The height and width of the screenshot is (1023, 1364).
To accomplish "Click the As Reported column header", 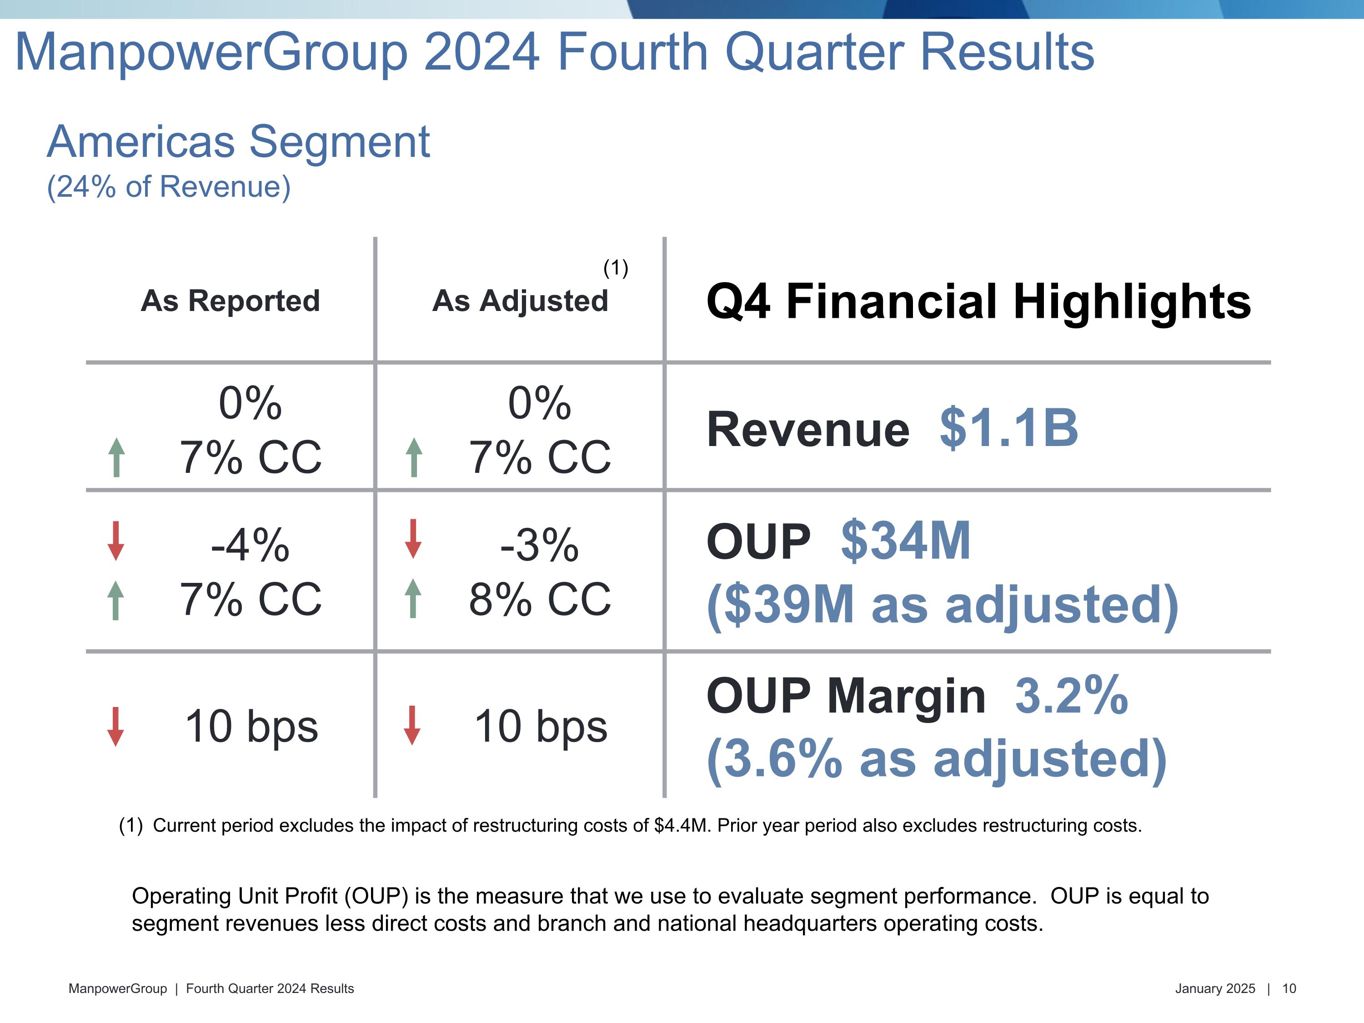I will click(x=230, y=301).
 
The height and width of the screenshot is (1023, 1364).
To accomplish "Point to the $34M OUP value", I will click(x=906, y=541).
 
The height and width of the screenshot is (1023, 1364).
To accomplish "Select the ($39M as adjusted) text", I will click(x=942, y=605).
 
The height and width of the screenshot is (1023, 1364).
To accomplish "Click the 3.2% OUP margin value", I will click(x=1071, y=696).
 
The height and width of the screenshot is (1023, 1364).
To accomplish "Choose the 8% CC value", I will click(x=540, y=599).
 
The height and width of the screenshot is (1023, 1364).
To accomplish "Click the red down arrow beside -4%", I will click(x=115, y=541).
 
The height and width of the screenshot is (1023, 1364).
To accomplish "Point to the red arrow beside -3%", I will click(x=413, y=539).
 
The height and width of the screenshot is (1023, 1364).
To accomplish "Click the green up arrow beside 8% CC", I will click(x=413, y=598).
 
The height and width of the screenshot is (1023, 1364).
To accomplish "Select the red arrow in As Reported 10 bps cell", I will click(x=115, y=727).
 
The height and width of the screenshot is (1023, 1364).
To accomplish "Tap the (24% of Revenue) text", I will click(x=168, y=186).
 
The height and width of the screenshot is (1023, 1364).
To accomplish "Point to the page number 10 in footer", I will click(x=1289, y=988).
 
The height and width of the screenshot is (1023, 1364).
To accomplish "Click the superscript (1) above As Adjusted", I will click(x=616, y=268).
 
